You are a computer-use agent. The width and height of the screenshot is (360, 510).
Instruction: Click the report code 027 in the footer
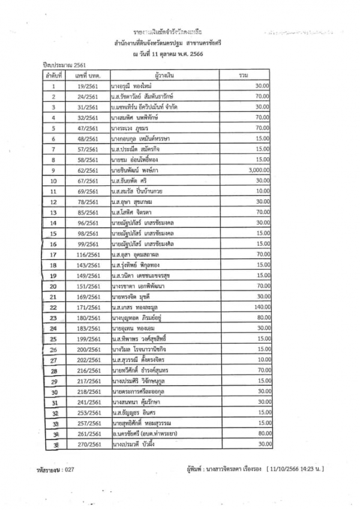(x=70, y=469)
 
